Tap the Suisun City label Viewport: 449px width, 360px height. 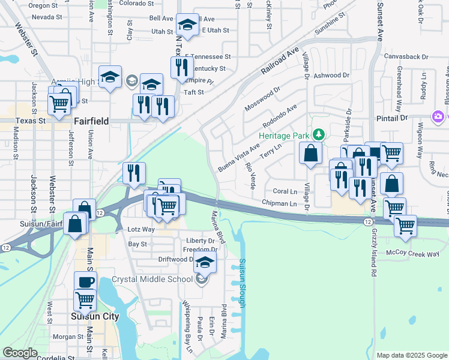tap(94, 316)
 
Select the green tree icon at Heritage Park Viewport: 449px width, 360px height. tap(320, 133)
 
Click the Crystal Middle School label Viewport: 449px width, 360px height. tap(152, 280)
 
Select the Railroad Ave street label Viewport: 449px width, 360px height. tap(280, 62)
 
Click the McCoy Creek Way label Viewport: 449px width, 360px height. tap(414, 254)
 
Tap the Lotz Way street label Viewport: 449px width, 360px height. tap(141, 229)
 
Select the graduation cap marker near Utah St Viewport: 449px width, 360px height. tap(188, 25)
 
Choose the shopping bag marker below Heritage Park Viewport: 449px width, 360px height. tap(310, 154)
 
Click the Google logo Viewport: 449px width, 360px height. tap(20, 353)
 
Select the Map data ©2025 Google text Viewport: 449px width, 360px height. tap(411, 355)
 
